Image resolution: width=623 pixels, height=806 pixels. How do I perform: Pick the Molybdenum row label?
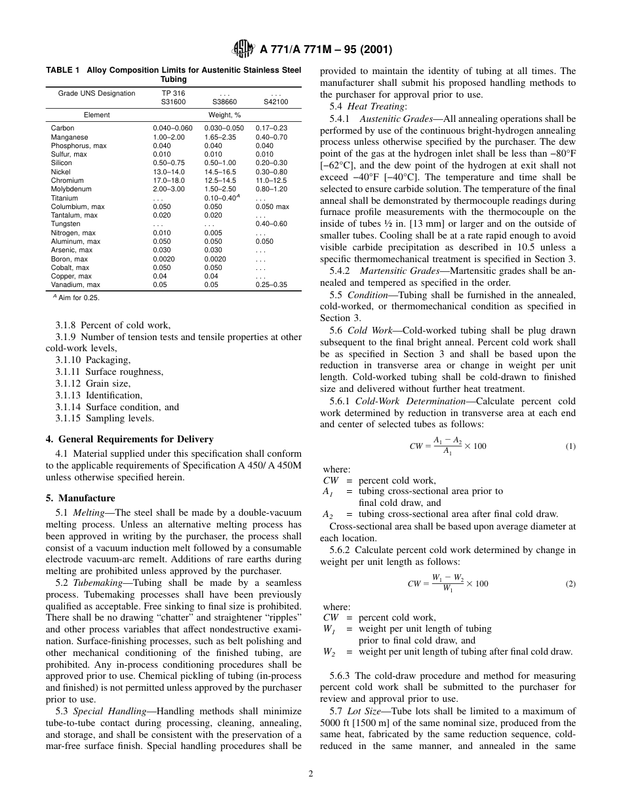tap(67, 189)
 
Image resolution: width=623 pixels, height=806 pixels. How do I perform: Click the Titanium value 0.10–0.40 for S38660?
tap(221, 197)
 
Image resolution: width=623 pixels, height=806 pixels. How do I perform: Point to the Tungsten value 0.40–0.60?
tap(271, 223)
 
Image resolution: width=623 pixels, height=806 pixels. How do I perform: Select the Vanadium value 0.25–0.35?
tap(271, 284)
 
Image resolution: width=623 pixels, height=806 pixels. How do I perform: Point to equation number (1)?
tap(570, 446)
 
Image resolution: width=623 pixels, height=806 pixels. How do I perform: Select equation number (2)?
tap(570, 584)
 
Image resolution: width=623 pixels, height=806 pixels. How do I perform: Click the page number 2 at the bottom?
tap(311, 773)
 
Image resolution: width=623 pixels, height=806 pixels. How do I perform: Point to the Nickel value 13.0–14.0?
tap(169, 172)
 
